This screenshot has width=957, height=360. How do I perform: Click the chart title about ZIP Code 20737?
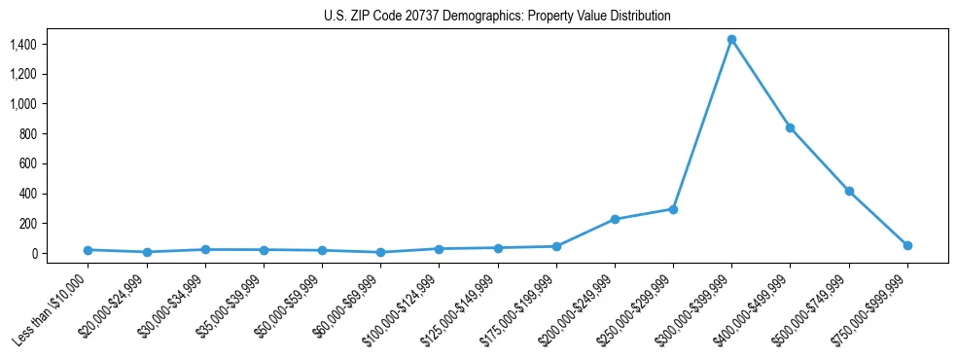(497, 17)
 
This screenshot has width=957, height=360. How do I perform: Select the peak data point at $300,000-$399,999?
(731, 40)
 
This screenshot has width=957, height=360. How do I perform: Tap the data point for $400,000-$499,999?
(791, 127)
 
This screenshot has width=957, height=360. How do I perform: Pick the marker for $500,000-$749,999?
(849, 191)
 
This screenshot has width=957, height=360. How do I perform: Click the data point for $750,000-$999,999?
(907, 245)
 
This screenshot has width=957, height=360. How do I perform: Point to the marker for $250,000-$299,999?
(673, 209)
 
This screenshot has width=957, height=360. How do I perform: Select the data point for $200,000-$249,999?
(615, 219)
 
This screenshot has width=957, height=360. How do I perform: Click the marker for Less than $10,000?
(88, 250)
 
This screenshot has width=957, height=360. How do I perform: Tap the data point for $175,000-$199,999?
(556, 246)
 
